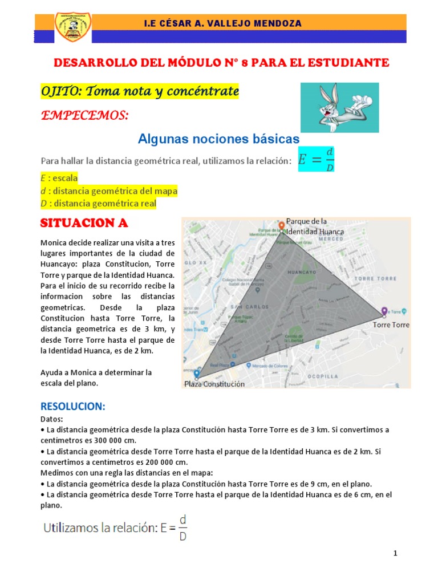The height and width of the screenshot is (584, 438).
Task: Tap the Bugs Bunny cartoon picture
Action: pyautogui.click(x=339, y=108)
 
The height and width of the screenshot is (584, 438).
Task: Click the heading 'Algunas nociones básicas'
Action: pyautogui.click(x=218, y=139)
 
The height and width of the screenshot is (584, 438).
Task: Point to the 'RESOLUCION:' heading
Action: pyautogui.click(x=72, y=407)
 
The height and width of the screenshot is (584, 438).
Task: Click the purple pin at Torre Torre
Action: pyautogui.click(x=384, y=311)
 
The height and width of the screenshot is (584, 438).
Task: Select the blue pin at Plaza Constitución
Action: pyautogui.click(x=197, y=374)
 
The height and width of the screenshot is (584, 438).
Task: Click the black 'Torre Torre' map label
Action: pyautogui.click(x=391, y=325)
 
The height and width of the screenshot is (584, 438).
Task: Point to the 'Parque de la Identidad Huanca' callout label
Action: pyautogui.click(x=315, y=226)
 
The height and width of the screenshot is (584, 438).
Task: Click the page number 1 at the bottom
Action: pyautogui.click(x=395, y=554)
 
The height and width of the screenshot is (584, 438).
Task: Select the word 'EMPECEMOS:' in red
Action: pyautogui.click(x=84, y=116)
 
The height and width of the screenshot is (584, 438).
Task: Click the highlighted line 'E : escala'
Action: pyautogui.click(x=59, y=177)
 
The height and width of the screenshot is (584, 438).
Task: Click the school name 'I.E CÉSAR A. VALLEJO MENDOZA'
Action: pyautogui.click(x=223, y=23)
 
